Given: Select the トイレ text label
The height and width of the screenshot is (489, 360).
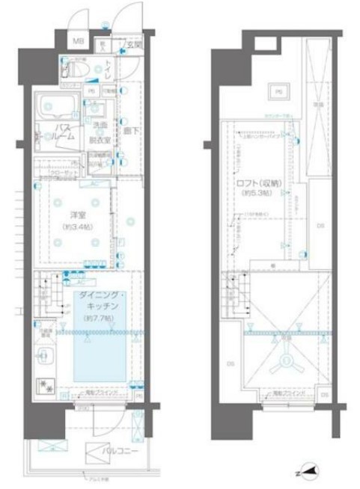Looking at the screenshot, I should click(x=109, y=67).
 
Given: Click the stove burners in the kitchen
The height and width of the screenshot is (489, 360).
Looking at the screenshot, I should click(x=46, y=388).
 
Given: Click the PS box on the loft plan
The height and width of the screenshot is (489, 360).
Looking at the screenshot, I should click(x=277, y=91).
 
